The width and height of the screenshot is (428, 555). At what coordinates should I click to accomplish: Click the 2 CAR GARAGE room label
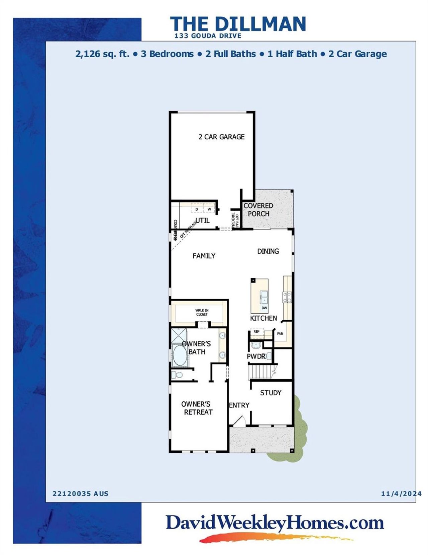point(221,137)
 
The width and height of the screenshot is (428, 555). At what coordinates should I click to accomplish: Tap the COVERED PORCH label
point(258,210)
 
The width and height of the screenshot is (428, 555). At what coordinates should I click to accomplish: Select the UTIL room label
point(203,220)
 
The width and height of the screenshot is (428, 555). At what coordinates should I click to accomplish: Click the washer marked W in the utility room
point(209,209)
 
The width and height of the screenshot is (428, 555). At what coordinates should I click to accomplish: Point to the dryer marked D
point(197,209)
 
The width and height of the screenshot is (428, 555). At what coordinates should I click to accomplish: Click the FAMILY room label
point(204,256)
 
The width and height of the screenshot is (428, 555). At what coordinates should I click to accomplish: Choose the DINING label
point(268,251)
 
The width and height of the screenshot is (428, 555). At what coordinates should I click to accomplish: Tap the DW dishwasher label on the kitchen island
point(264,308)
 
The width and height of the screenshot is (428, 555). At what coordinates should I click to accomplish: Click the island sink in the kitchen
point(264,296)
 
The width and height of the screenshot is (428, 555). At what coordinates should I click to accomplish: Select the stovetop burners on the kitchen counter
point(287,297)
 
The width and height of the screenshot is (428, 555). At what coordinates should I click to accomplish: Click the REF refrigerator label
point(256,331)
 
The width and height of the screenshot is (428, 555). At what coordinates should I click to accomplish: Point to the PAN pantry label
point(280,333)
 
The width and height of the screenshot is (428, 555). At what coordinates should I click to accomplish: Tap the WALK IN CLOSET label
point(202,312)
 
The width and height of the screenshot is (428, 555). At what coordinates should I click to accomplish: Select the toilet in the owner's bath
point(177,375)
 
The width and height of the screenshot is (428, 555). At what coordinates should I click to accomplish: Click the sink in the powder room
point(256,345)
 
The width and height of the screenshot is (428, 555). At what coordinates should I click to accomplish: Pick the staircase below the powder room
point(262,372)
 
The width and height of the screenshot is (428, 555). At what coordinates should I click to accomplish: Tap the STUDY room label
point(271,393)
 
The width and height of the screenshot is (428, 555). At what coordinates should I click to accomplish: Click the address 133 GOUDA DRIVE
point(208,36)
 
